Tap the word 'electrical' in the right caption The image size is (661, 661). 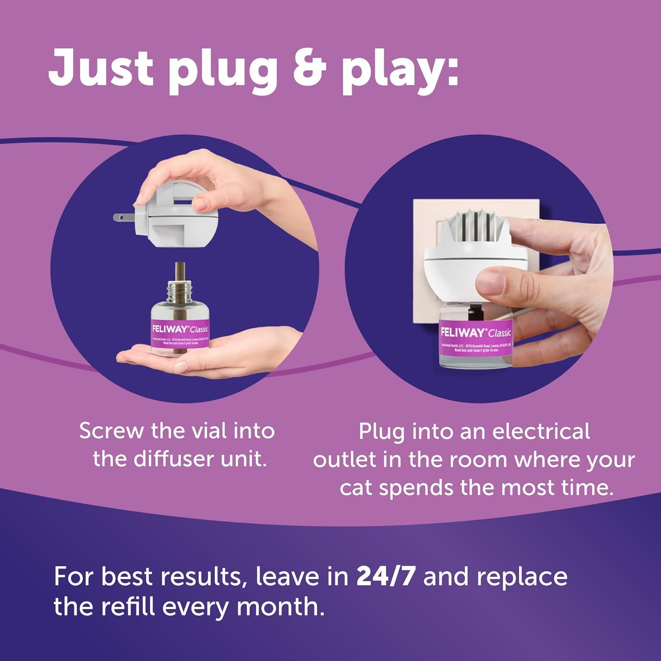[x=541, y=431]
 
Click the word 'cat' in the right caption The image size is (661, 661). [x=356, y=488]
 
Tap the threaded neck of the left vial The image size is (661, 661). [x=179, y=289]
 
